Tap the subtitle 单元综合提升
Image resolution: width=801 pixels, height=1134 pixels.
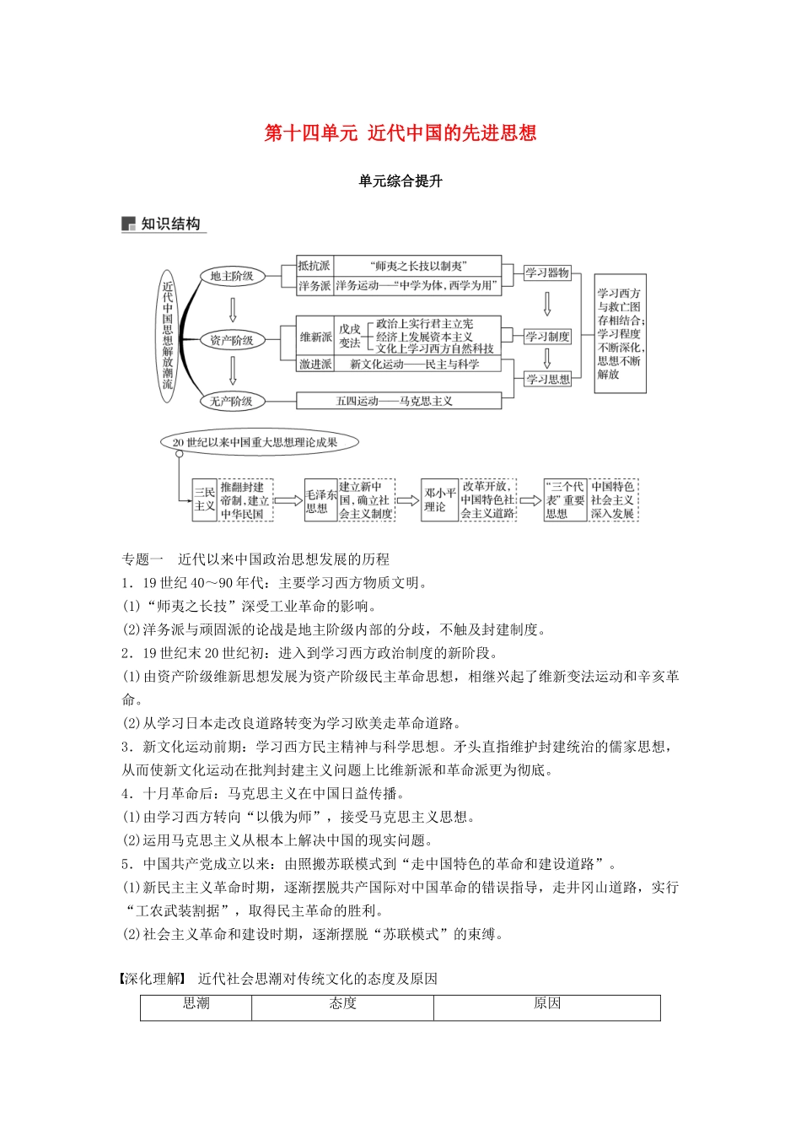[x=400, y=181]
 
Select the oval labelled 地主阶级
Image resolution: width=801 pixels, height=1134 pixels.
[x=232, y=276]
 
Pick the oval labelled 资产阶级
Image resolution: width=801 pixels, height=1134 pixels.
[x=232, y=340]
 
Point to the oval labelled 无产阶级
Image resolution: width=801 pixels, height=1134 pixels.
[x=231, y=402]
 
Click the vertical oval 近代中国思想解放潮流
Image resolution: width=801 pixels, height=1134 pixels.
[x=168, y=335]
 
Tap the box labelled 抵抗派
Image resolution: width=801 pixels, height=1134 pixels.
[x=314, y=266]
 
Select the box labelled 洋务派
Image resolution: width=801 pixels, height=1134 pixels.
[x=314, y=286]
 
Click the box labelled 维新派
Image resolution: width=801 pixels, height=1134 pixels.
[x=315, y=337]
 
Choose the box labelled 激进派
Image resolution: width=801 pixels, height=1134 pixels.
[x=315, y=364]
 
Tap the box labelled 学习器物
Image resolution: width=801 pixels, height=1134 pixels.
[x=547, y=273]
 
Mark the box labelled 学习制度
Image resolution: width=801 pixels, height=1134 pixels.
[x=547, y=337]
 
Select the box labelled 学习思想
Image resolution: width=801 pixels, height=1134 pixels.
[x=547, y=379]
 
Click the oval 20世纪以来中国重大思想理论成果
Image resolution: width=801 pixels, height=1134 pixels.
[x=255, y=442]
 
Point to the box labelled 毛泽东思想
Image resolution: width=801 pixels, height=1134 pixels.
[x=320, y=501]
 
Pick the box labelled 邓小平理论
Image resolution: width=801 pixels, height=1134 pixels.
[x=439, y=499]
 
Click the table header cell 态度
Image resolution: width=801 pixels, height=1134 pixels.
[x=342, y=1004]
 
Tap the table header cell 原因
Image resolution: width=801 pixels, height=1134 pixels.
[x=546, y=1004]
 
